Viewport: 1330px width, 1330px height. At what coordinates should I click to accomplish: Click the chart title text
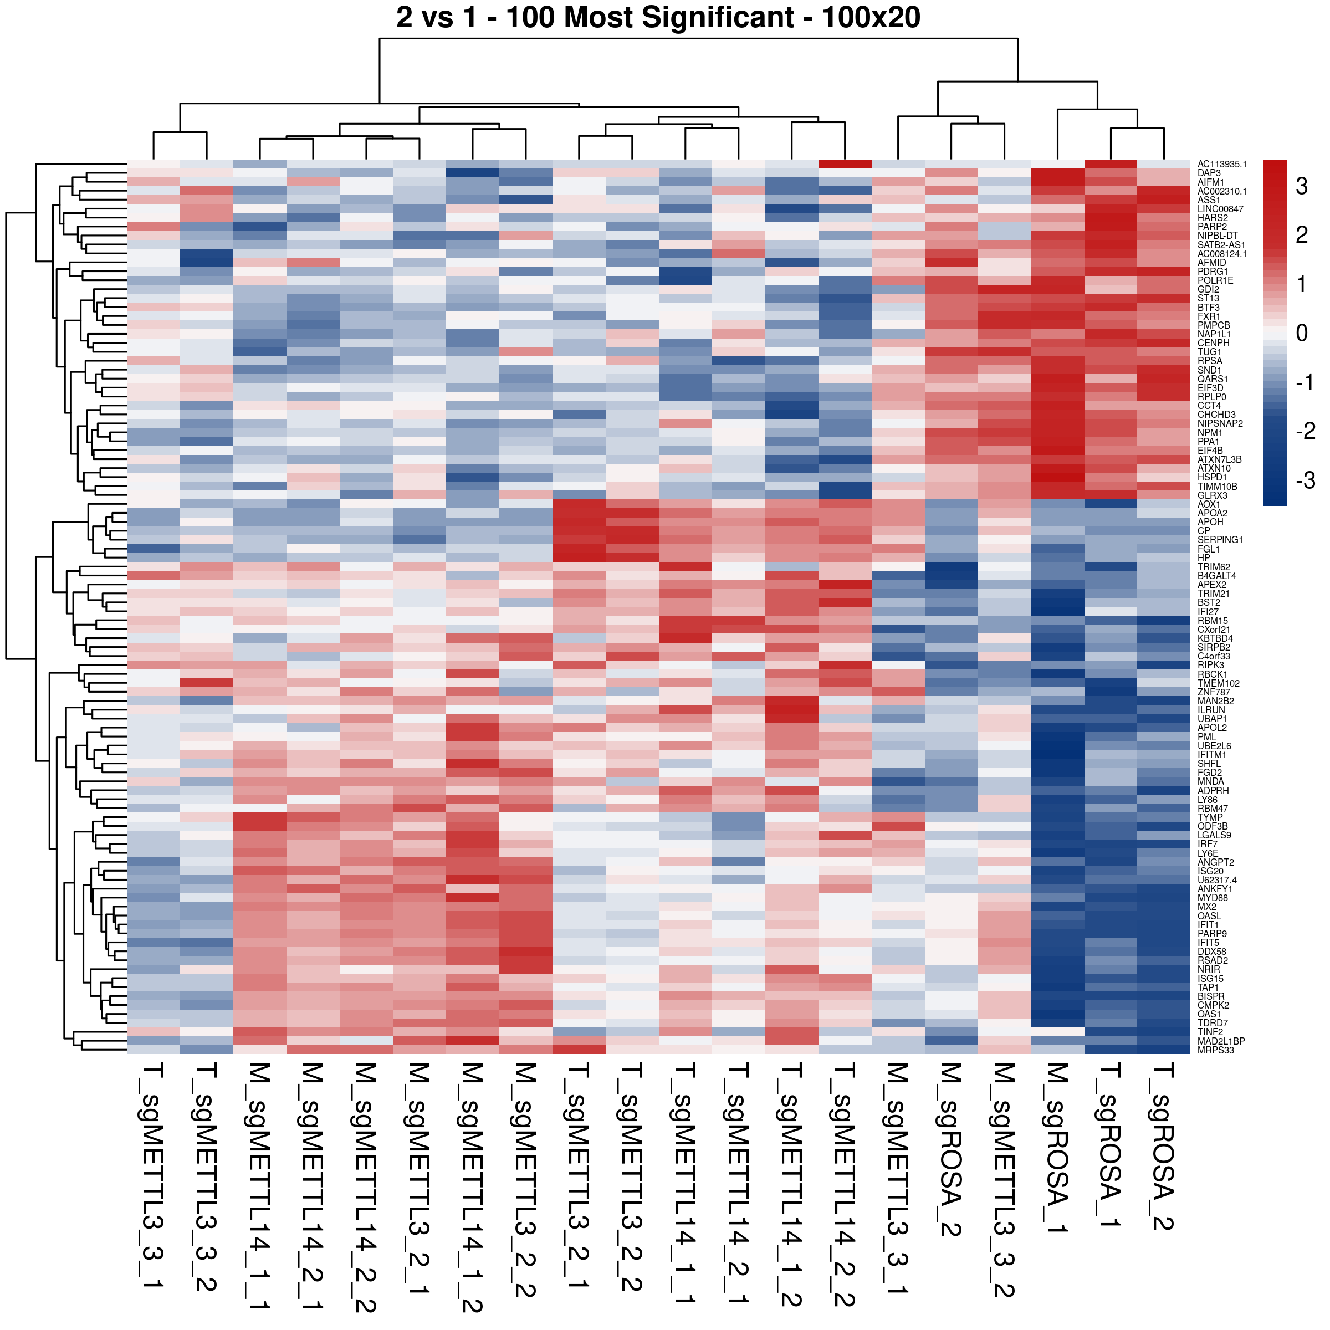pyautogui.click(x=658, y=17)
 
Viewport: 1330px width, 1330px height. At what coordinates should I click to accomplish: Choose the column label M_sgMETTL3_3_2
pyautogui.click(x=1004, y=1180)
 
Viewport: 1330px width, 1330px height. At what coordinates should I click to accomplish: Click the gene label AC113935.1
pyautogui.click(x=1222, y=165)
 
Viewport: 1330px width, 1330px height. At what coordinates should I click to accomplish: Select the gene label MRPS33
pyautogui.click(x=1215, y=1050)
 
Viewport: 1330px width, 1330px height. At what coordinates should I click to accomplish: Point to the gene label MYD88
pyautogui.click(x=1213, y=898)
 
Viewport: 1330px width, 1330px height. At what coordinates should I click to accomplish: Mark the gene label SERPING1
pyautogui.click(x=1220, y=540)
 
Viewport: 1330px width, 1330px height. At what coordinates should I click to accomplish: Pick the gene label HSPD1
pyautogui.click(x=1213, y=478)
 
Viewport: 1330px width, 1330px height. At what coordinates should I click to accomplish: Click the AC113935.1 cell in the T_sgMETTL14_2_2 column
pyautogui.click(x=845, y=165)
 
